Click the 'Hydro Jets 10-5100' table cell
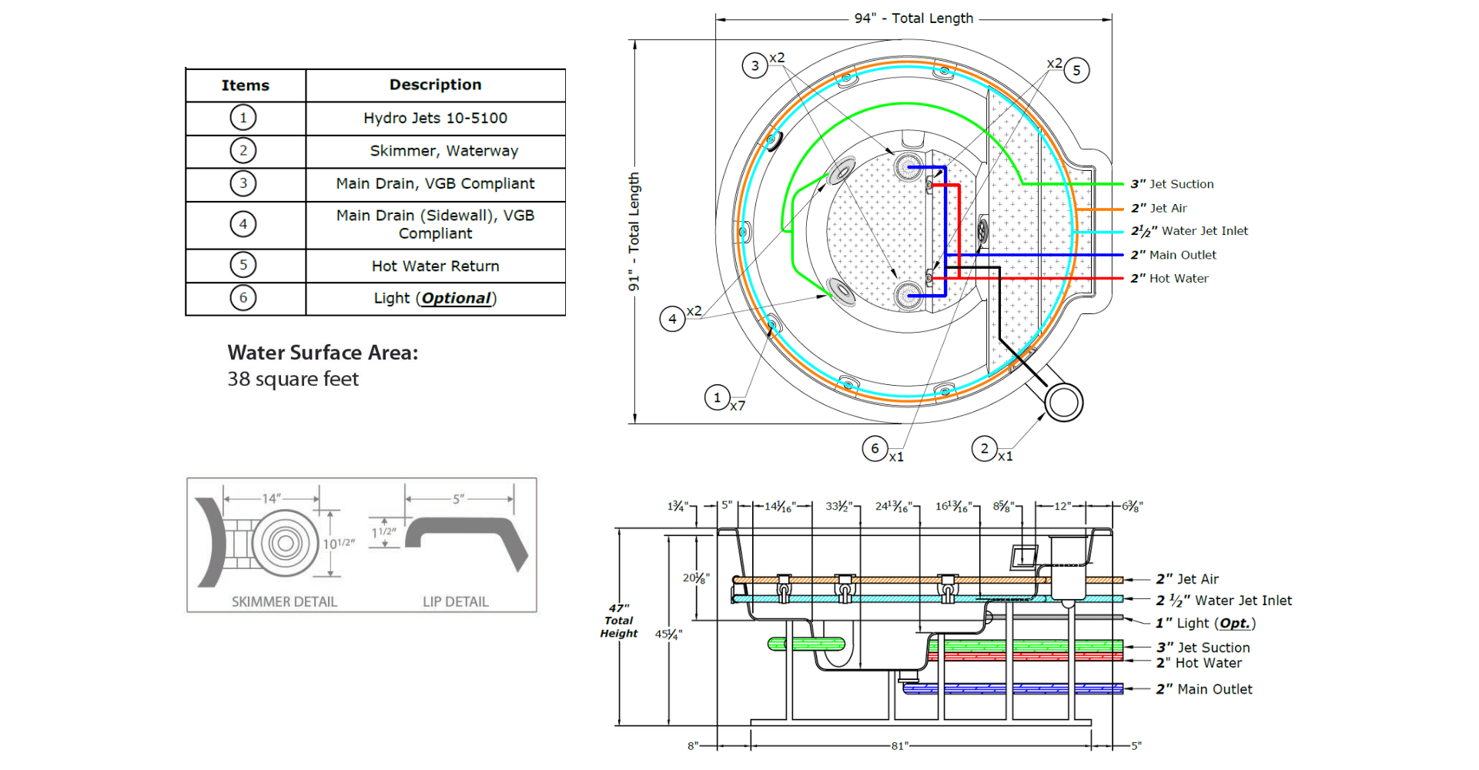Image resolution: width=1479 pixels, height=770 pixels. click(x=435, y=118)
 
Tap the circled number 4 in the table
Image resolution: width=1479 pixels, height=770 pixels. click(x=243, y=224)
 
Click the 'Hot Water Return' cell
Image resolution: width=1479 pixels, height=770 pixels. click(x=435, y=266)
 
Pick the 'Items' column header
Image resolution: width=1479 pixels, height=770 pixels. click(x=245, y=85)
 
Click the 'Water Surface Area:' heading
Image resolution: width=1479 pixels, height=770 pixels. click(x=323, y=353)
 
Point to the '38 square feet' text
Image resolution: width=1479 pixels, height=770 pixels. click(x=293, y=379)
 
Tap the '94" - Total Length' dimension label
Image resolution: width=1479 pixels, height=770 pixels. click(x=913, y=18)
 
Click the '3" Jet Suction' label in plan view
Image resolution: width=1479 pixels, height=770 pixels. click(x=1172, y=184)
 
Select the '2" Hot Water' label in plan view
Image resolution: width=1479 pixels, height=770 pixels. click(x=1169, y=279)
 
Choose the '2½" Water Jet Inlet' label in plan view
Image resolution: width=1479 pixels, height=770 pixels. click(x=1189, y=231)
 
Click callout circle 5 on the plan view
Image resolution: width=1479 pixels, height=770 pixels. click(x=1076, y=71)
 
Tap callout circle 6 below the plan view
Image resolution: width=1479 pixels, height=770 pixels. click(x=875, y=448)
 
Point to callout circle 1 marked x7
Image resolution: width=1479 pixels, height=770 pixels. click(x=718, y=397)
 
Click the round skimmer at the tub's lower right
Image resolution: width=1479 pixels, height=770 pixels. click(x=1064, y=401)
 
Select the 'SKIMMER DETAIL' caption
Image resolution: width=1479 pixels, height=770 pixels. click(x=284, y=601)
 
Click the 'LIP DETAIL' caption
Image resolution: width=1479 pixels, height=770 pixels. click(x=455, y=601)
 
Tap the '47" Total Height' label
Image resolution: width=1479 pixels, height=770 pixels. click(x=619, y=621)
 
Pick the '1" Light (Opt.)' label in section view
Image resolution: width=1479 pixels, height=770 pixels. click(x=1205, y=623)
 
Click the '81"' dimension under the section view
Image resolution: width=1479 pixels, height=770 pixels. click(x=899, y=745)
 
